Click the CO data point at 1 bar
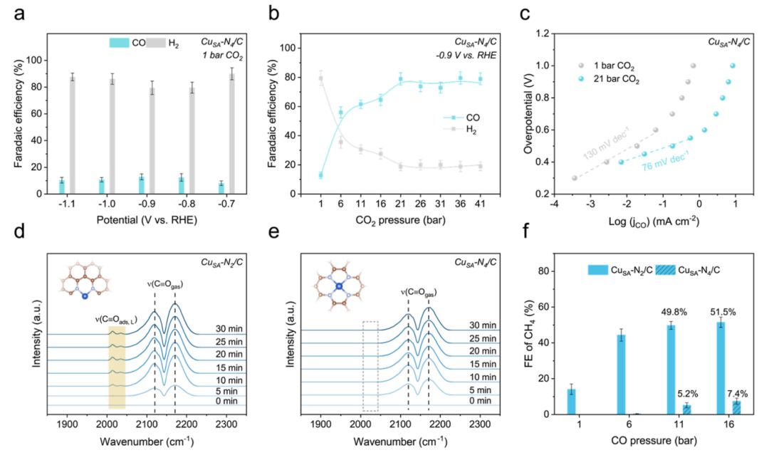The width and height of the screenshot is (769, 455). click(x=320, y=175)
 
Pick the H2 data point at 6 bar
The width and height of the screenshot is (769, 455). click(x=340, y=142)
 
